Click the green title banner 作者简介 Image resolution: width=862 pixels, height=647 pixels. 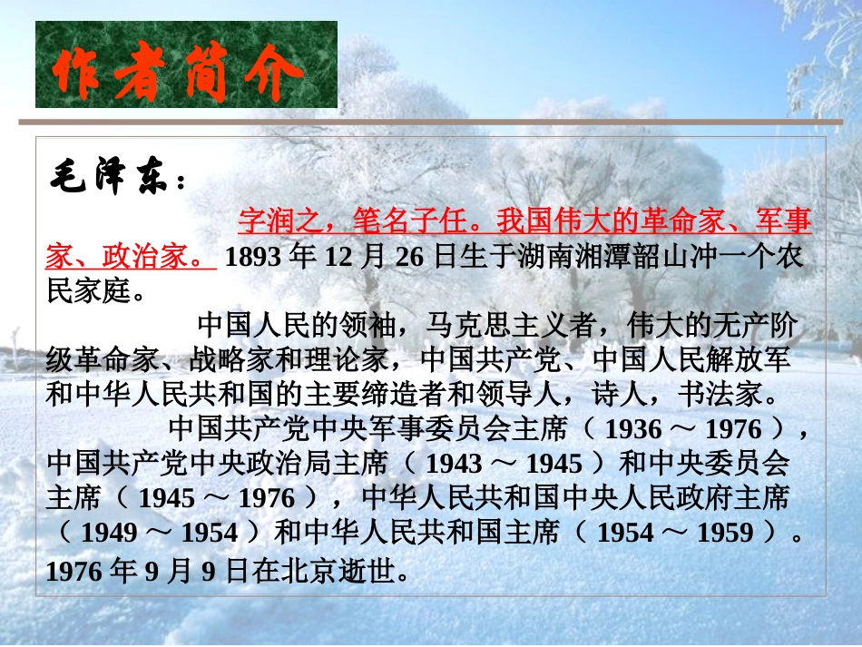[186, 64]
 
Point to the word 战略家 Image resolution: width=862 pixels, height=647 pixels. [219, 360]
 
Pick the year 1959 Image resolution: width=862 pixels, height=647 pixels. [722, 533]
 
